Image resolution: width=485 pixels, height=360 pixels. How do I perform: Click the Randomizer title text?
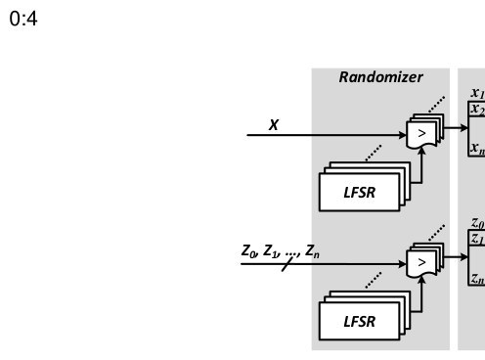pos(380,77)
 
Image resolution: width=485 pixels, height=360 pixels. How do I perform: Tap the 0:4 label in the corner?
pos(23,19)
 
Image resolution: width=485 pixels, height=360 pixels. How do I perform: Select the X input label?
pos(274,125)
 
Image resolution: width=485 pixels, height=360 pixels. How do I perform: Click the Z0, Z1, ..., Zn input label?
pos(281,251)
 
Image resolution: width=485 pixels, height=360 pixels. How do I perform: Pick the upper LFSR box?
pos(359,192)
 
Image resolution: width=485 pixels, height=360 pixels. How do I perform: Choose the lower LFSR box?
pos(359,321)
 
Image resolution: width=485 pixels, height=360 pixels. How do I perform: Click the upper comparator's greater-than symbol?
pos(421,133)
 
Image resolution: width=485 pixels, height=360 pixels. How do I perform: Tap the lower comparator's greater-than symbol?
pos(421,262)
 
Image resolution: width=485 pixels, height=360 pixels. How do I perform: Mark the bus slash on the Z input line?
pos(287,264)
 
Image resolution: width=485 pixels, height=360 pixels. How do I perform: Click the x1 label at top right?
pos(478,93)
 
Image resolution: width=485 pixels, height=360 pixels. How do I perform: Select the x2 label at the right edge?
pos(478,109)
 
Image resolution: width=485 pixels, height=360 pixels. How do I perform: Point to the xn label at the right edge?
pos(478,148)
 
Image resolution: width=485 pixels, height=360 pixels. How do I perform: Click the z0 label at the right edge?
pos(478,223)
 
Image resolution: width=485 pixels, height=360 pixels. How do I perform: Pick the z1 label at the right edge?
pos(478,239)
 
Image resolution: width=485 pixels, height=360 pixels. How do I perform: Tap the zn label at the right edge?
pos(478,278)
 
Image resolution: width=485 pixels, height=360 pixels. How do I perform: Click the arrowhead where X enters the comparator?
pos(403,135)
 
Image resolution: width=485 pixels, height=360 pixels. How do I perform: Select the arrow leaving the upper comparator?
pos(456,127)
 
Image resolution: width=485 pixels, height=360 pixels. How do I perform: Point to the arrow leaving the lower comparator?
pos(456,257)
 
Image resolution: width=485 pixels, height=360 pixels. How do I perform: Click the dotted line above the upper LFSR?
pos(374,153)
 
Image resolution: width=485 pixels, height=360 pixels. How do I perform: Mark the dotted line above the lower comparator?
pos(437,233)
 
